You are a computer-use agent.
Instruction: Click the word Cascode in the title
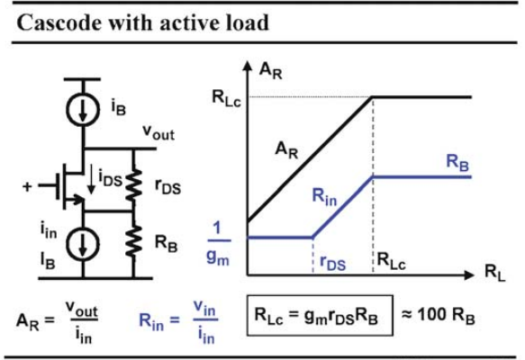tap(59, 23)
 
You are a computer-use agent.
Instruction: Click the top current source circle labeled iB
tap(83, 109)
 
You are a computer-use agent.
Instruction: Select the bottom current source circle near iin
tap(83, 244)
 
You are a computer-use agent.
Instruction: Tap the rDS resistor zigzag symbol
tap(133, 185)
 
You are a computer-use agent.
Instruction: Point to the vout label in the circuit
tap(158, 132)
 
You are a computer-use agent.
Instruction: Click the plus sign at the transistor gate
tap(27, 186)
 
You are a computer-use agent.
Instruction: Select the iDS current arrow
tap(91, 181)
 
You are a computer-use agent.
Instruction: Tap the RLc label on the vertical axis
tap(226, 98)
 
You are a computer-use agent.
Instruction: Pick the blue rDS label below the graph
tap(332, 262)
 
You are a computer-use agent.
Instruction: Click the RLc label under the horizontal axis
tap(392, 261)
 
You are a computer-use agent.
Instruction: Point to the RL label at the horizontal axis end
tap(495, 273)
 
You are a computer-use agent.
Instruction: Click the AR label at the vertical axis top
tap(270, 71)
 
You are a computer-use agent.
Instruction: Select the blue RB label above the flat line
tap(457, 163)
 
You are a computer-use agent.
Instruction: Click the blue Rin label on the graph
tap(324, 196)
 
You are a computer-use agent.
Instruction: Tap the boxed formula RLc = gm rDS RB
tap(320, 316)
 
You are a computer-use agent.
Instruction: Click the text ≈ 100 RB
tap(438, 316)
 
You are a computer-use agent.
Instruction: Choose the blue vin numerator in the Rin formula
tap(204, 308)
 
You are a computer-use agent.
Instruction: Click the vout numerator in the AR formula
tap(82, 308)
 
